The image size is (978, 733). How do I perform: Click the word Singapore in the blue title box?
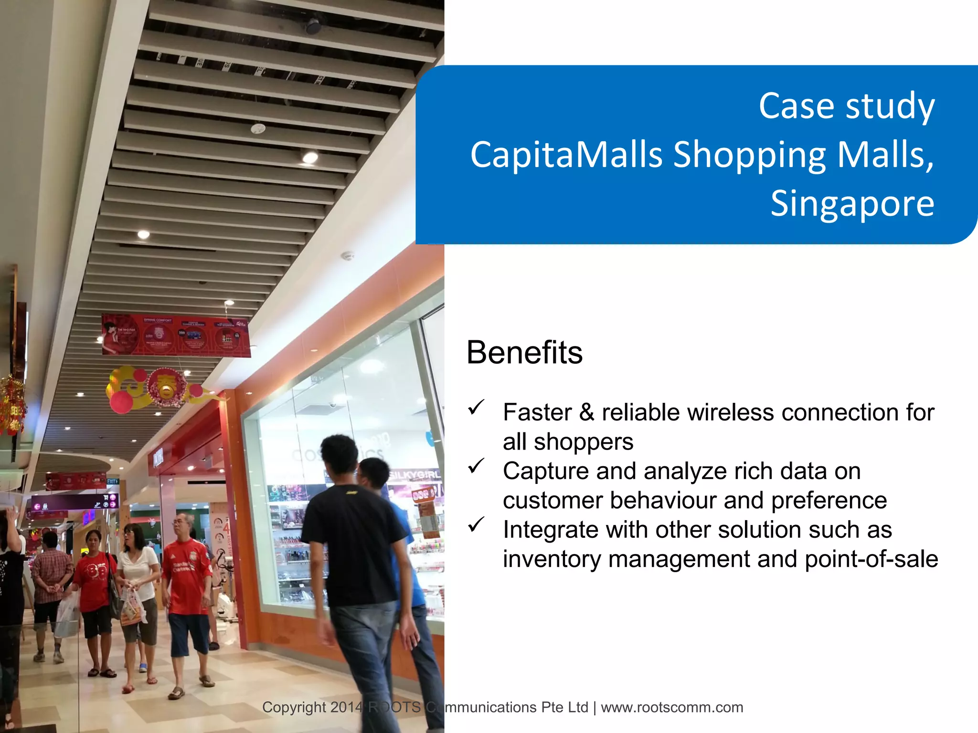click(x=852, y=203)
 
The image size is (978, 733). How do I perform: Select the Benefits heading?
click(x=524, y=353)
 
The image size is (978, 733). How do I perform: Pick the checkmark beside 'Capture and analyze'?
click(x=476, y=466)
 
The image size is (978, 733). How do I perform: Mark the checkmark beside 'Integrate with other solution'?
click(x=476, y=524)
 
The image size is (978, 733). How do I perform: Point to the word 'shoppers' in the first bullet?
click(x=583, y=442)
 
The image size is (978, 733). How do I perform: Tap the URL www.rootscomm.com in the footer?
click(x=672, y=707)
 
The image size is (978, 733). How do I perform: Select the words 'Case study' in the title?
click(x=846, y=106)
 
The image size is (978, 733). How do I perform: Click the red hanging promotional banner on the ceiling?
click(x=175, y=335)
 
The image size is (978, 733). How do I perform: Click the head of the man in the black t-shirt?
click(x=339, y=453)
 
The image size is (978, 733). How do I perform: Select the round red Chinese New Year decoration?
click(x=167, y=387)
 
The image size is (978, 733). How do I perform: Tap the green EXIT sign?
click(x=112, y=482)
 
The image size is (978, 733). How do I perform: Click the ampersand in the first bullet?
click(x=586, y=412)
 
